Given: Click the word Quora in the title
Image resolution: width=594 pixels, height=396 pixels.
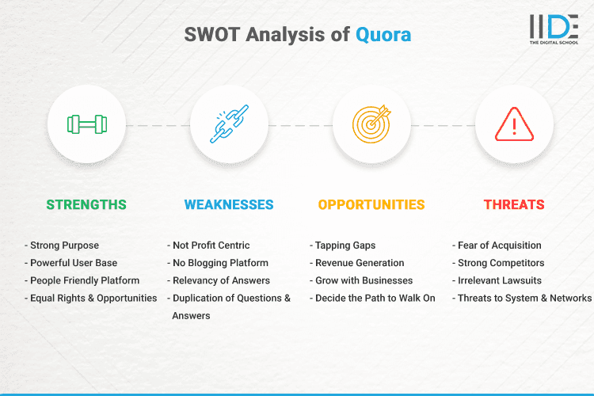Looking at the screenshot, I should [383, 36].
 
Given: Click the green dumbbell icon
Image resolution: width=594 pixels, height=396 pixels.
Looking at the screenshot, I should [86, 124].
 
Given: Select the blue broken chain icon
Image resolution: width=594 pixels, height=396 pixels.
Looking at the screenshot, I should [229, 124].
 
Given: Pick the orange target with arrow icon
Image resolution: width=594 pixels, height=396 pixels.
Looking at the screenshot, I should [371, 124].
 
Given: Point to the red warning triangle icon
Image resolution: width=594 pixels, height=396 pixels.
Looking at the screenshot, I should [513, 124].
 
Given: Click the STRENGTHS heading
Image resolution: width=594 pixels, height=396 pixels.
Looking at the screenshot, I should [86, 204].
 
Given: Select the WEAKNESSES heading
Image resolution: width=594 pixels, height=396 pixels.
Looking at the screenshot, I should [229, 204].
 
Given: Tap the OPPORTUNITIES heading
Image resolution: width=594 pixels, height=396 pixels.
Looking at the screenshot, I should [371, 204].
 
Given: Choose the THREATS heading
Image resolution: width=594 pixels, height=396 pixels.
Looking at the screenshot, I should [514, 204].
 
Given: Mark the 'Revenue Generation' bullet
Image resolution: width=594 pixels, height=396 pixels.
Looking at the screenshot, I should [360, 263].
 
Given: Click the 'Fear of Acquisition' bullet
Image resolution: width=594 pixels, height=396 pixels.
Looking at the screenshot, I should [499, 246].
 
